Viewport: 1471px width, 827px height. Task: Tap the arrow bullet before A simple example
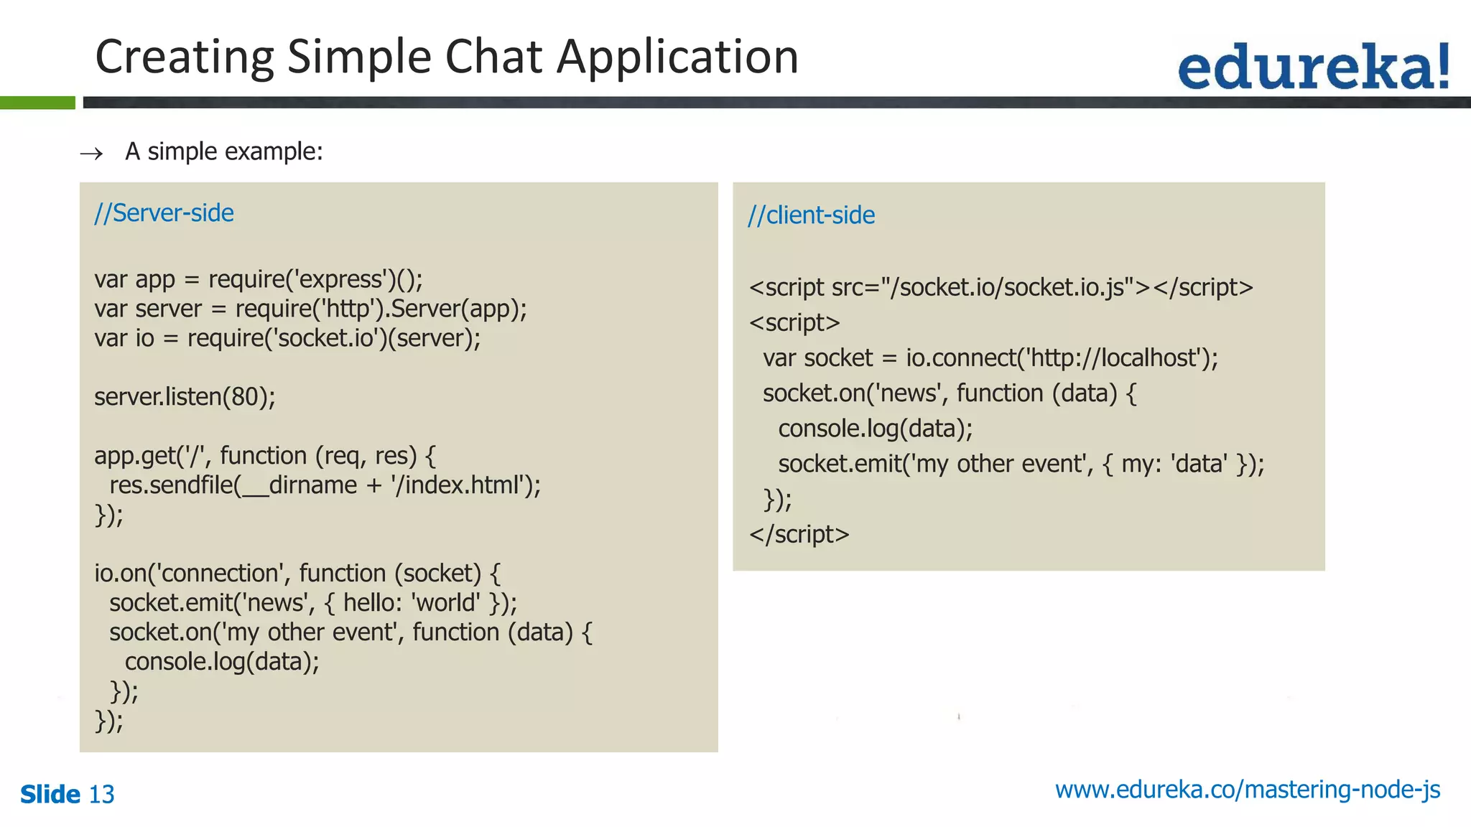coord(91,154)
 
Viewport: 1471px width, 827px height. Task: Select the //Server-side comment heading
coord(164,213)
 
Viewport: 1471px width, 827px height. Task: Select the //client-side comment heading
coord(811,215)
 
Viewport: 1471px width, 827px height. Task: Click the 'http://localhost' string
coord(1114,358)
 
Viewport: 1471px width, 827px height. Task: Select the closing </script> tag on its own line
coord(799,535)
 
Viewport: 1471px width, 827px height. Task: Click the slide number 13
coord(101,795)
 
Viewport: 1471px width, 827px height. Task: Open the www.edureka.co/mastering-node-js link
coord(1247,790)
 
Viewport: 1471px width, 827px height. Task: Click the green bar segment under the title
coord(37,103)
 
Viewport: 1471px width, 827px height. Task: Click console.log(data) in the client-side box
coord(874,429)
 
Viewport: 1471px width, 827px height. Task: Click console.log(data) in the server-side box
coord(221,662)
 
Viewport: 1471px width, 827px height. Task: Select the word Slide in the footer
coord(50,795)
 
